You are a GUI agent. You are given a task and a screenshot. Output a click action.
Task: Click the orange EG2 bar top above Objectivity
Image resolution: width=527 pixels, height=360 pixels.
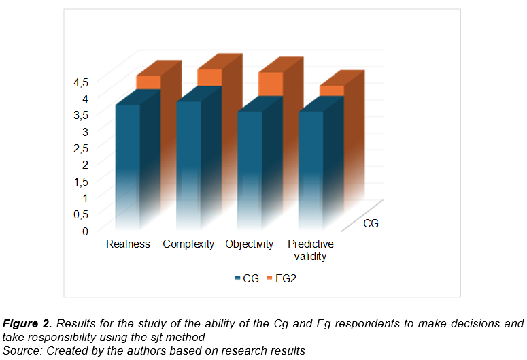[x=270, y=83]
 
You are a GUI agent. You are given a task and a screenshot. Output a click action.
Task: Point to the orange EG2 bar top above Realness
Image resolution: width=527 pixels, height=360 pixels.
[x=148, y=82]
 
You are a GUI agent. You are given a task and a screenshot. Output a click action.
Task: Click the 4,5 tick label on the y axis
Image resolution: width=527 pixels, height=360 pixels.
[x=81, y=82]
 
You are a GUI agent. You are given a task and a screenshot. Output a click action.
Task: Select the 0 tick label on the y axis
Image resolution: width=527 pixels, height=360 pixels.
[x=86, y=231]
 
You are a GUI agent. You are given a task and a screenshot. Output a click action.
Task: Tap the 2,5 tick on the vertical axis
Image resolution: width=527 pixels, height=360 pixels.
[x=81, y=148]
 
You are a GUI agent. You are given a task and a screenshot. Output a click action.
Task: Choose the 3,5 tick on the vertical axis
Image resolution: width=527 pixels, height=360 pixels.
[x=81, y=115]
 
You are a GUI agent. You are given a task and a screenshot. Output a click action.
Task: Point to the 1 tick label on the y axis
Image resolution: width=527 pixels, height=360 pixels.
[x=86, y=198]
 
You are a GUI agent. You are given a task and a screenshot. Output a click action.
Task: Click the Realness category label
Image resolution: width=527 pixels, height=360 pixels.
[x=128, y=244]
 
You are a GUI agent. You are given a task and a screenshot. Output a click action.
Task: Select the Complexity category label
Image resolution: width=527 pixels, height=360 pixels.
[x=188, y=244]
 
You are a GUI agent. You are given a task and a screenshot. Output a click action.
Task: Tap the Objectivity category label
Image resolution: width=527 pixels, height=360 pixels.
[x=250, y=244]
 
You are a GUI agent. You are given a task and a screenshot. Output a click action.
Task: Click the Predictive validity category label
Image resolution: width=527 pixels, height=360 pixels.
[x=310, y=250]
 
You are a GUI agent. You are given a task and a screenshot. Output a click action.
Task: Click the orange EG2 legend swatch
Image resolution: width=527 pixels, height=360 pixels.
[x=269, y=278]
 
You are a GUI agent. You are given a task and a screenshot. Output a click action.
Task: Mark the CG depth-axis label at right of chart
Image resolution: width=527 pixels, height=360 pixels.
[x=371, y=223]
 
